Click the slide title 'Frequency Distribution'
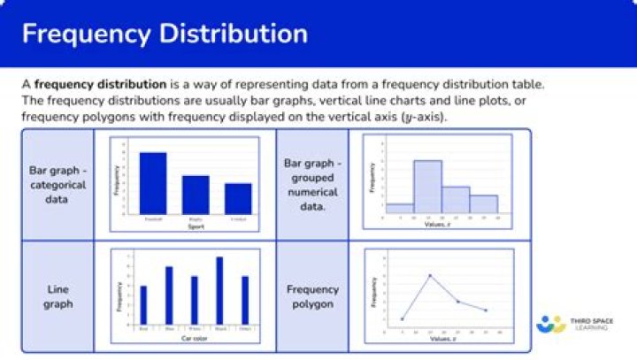tap(165, 34)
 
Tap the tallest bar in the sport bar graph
tap(152, 184)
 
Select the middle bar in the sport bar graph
tap(196, 195)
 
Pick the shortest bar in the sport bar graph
tap(237, 198)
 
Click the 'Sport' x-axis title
tap(195, 226)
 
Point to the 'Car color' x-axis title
tap(195, 339)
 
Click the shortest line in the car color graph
tap(143, 306)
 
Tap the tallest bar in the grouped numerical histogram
tap(427, 187)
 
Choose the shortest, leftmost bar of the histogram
tap(399, 209)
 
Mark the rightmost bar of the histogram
tap(484, 204)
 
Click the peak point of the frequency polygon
tap(430, 276)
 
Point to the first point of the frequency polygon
tap(402, 319)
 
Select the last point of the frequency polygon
tap(486, 310)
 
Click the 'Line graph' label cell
tap(58, 296)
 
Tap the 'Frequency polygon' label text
tap(311, 296)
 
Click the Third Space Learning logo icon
tap(550, 325)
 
